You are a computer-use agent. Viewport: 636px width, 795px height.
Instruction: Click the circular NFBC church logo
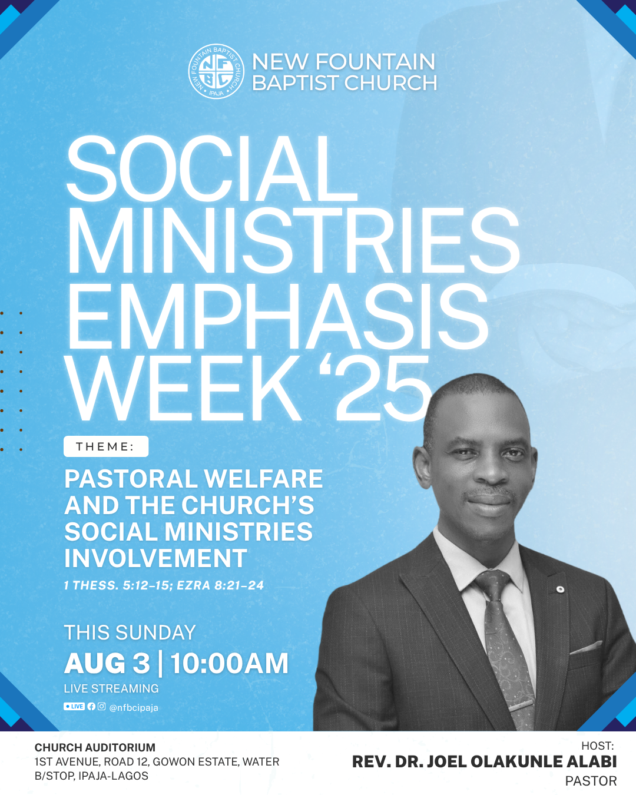tap(216, 71)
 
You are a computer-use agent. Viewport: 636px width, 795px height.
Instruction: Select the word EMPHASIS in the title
tap(278, 317)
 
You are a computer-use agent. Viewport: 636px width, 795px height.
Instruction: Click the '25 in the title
tap(376, 389)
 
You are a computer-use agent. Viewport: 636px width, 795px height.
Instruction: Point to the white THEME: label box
tap(106, 446)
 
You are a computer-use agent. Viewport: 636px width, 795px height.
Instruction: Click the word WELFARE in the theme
tap(263, 479)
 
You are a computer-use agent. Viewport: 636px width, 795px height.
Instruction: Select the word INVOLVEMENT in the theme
tap(155, 558)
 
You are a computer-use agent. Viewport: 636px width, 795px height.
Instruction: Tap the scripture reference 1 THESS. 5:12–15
tap(118, 585)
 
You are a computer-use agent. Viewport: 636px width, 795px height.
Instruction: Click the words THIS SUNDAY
tap(130, 632)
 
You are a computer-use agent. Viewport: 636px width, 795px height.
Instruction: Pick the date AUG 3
tap(107, 664)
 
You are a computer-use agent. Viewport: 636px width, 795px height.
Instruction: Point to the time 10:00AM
tap(229, 664)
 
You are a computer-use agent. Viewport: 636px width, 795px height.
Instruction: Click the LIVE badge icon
tap(74, 706)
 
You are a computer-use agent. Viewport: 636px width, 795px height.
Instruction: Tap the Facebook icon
tap(91, 706)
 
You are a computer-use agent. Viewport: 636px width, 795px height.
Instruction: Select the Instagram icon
tap(102, 706)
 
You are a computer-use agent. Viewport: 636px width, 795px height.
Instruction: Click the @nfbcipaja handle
tap(134, 707)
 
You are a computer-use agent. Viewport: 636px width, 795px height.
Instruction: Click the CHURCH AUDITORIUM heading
tap(95, 747)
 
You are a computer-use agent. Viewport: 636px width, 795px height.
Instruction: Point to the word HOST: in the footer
tap(598, 746)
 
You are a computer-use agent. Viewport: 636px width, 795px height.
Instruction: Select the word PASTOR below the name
tap(591, 781)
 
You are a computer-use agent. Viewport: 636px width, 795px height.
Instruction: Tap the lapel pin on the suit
tap(560, 589)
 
